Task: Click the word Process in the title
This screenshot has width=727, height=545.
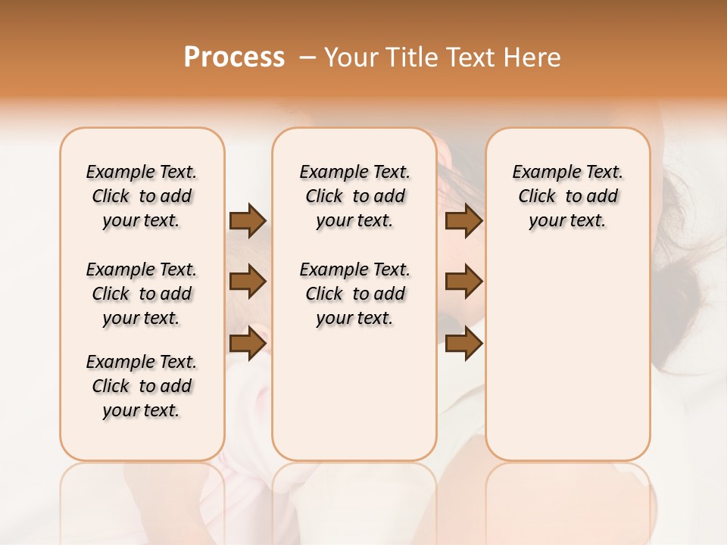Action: click(x=234, y=58)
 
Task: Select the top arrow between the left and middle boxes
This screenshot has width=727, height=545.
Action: click(x=248, y=220)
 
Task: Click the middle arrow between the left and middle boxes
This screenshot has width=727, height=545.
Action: click(x=248, y=282)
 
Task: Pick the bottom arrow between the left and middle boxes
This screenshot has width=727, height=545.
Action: click(x=248, y=344)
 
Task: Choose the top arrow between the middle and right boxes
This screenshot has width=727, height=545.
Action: click(x=464, y=220)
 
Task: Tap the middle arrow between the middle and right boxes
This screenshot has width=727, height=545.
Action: click(x=464, y=282)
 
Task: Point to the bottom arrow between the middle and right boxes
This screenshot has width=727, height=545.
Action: click(x=464, y=344)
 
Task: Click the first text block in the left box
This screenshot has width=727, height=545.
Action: click(x=142, y=196)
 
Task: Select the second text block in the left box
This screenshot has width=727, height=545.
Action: click(x=142, y=294)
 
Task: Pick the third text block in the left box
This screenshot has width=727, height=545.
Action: click(x=142, y=386)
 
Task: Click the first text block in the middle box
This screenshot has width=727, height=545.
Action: click(x=355, y=196)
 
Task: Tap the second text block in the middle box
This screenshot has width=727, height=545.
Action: click(x=355, y=294)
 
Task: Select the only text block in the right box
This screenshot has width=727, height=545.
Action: click(x=568, y=196)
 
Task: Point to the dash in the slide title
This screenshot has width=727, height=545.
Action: click(x=307, y=58)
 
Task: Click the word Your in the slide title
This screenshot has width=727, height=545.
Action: click(x=348, y=58)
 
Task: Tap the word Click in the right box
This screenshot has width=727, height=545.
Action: click(x=537, y=197)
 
